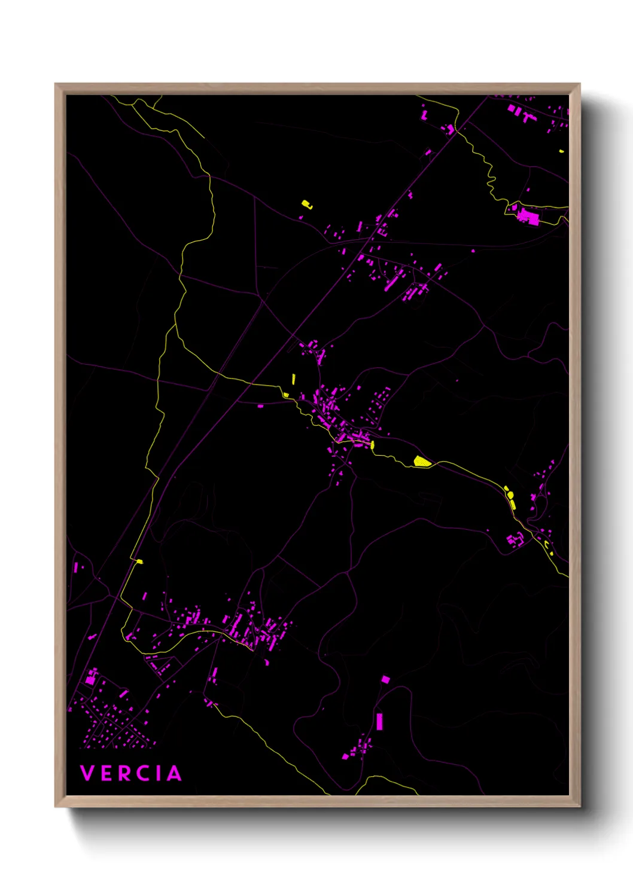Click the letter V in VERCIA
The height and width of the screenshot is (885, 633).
(x=87, y=773)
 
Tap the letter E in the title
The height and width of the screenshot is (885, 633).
(x=107, y=773)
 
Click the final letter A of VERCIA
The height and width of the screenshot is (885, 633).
(x=174, y=773)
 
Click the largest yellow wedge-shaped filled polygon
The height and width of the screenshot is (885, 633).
(x=422, y=461)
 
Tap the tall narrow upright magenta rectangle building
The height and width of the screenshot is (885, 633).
(x=379, y=721)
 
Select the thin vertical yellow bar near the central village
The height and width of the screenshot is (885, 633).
(x=293, y=379)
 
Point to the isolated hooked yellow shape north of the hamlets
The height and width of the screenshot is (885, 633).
(x=306, y=205)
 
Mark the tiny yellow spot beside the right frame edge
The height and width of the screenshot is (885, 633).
(x=561, y=151)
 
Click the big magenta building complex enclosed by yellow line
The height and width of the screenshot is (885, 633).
(x=528, y=215)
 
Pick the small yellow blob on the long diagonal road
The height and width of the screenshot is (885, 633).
(x=139, y=561)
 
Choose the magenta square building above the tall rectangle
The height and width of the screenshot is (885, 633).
(x=385, y=679)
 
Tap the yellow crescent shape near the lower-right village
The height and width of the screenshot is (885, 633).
(x=549, y=546)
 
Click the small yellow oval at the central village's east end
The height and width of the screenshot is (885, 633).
(x=372, y=444)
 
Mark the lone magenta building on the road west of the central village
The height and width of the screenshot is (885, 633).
(x=260, y=406)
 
